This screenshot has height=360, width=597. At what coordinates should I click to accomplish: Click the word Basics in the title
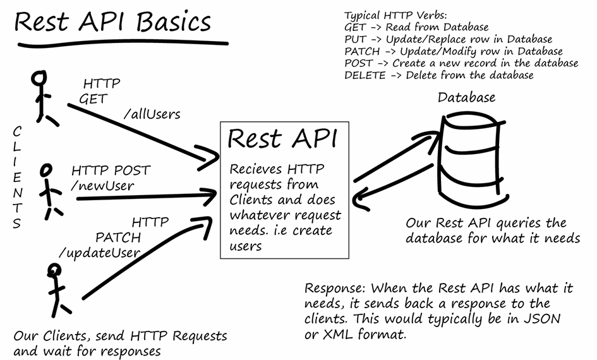point(173,22)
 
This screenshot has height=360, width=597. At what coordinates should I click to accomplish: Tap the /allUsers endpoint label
point(152,114)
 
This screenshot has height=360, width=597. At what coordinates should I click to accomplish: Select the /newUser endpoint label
point(103,185)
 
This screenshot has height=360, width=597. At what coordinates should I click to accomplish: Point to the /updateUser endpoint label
point(99,253)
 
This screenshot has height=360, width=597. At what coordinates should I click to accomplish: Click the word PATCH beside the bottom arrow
point(118,237)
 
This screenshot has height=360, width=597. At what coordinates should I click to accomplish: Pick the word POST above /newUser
point(132,170)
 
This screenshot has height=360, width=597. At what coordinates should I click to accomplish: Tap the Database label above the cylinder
point(466,97)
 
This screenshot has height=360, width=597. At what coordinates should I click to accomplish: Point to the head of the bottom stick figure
point(54,270)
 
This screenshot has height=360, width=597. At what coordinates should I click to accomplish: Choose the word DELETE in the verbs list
point(365,75)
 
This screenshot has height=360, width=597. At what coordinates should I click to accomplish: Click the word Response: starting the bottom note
point(335,289)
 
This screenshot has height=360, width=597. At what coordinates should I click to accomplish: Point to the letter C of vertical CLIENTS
point(17,131)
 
